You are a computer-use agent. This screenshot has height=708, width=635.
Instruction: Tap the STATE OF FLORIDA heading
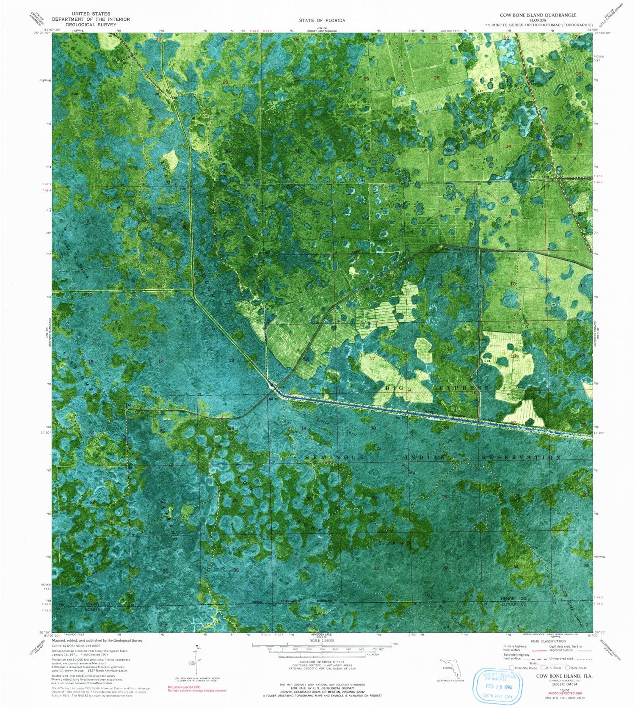coord(322,20)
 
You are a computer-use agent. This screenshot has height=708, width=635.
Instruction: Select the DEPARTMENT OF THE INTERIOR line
coord(91,19)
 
